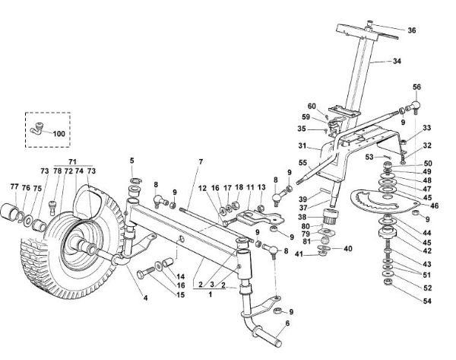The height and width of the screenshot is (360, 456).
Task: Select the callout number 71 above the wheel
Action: pyautogui.click(x=73, y=162)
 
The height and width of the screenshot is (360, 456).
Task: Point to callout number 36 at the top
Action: pyautogui.click(x=411, y=30)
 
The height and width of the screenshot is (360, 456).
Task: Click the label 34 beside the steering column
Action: pyautogui.click(x=397, y=62)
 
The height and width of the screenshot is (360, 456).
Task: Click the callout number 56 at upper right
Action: pyautogui.click(x=416, y=87)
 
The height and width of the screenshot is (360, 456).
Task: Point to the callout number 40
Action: pyautogui.click(x=348, y=249)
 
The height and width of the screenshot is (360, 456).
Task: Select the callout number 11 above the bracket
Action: pyautogui.click(x=250, y=186)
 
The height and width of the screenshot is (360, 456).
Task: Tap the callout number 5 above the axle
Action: pyautogui.click(x=131, y=161)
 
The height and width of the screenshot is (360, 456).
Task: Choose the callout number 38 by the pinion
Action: pyautogui.click(x=303, y=216)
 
